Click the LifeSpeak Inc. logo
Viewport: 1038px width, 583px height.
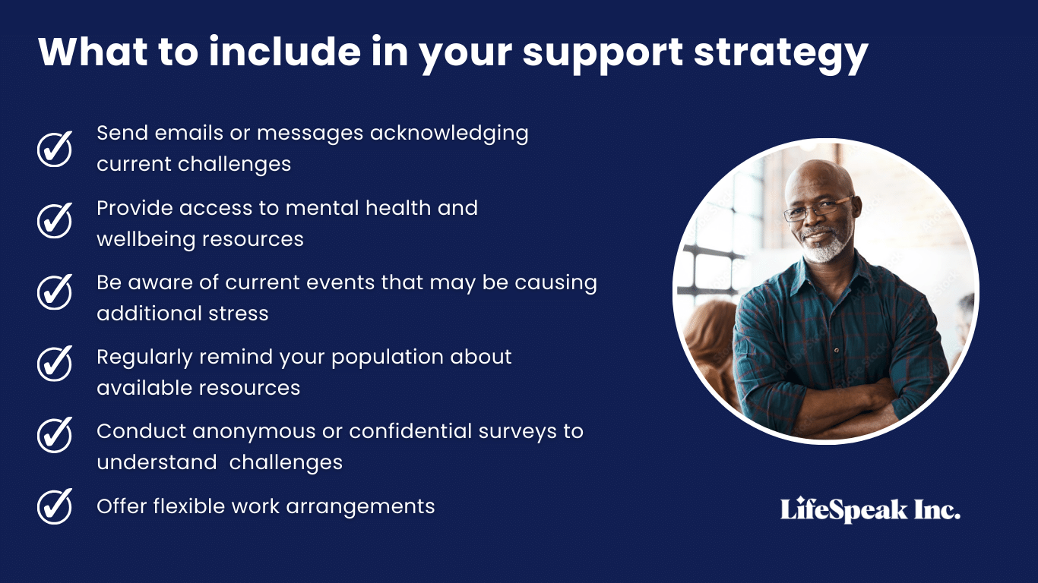click(870, 510)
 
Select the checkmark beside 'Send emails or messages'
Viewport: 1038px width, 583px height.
click(55, 148)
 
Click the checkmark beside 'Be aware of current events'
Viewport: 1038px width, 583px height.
click(55, 292)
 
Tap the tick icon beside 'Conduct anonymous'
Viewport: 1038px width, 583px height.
click(55, 435)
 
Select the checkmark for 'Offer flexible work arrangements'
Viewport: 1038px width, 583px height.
click(55, 506)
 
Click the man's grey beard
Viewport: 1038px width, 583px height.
click(825, 247)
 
